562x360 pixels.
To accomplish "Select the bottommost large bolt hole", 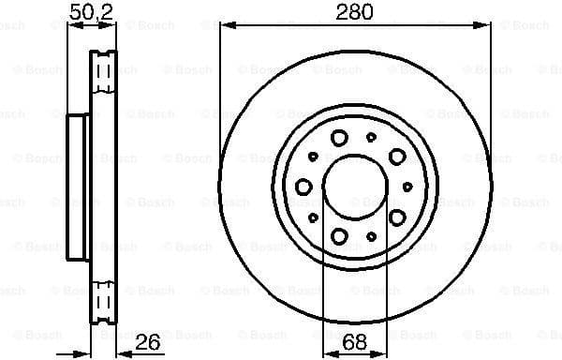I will pos(340,235).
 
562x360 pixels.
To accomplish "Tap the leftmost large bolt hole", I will pos(303,187).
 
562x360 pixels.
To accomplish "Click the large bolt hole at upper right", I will pos(397,156).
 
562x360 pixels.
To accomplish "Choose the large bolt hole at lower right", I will pos(397,217).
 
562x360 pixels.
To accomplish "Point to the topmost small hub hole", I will pos(372,137).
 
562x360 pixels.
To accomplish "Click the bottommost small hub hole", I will pos(372,235).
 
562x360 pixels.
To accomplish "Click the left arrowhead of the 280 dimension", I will pos(225,25).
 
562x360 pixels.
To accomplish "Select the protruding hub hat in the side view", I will pos(78,187).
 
